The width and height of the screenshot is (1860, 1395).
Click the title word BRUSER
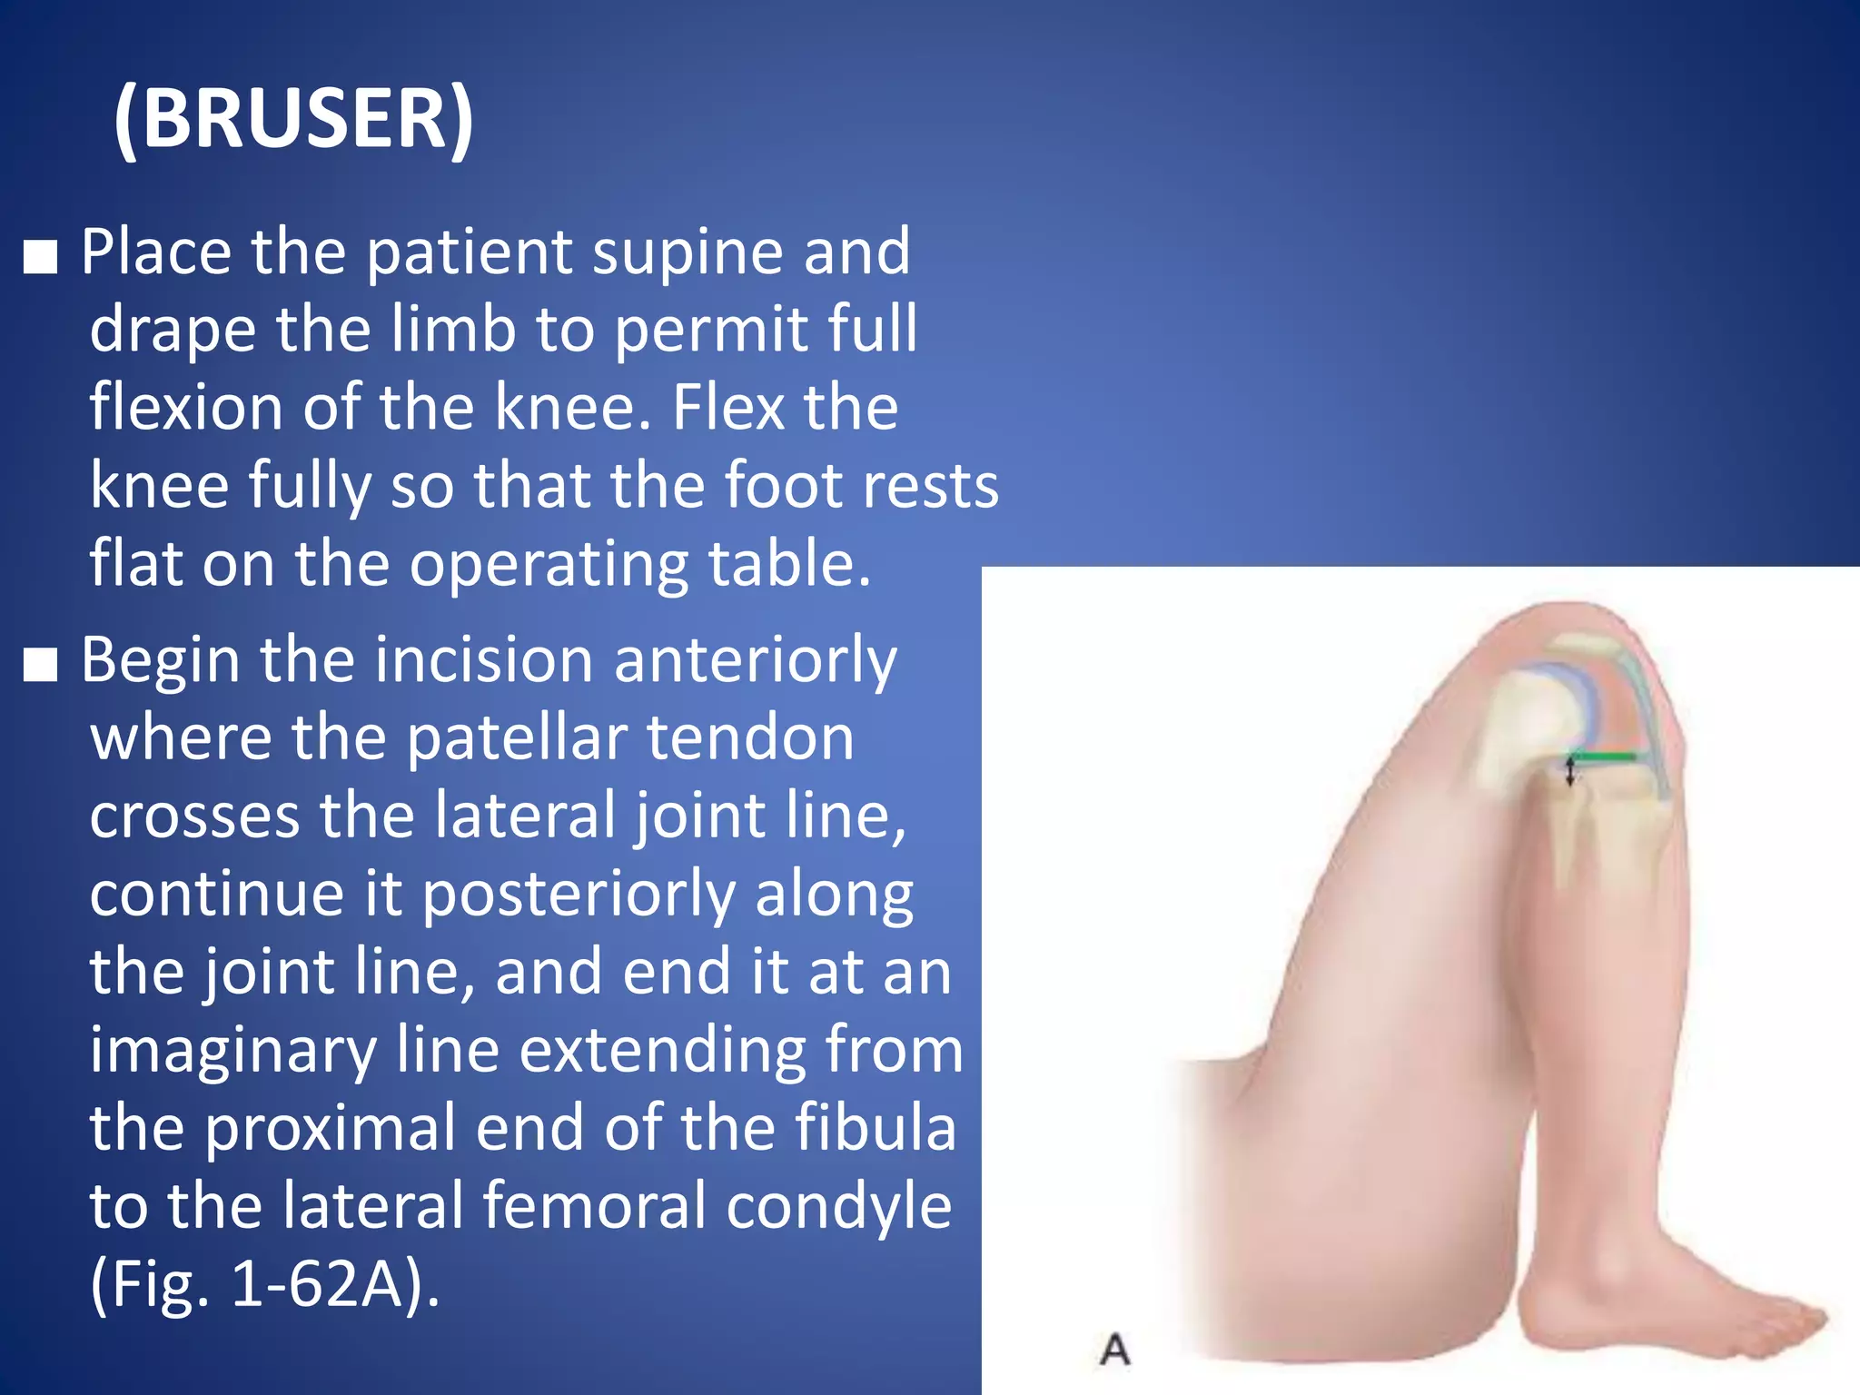click(293, 119)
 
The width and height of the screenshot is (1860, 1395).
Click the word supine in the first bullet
click(687, 252)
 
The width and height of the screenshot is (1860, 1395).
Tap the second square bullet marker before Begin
click(41, 666)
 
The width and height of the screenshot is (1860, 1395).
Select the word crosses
click(194, 816)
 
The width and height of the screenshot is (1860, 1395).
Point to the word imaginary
click(233, 1051)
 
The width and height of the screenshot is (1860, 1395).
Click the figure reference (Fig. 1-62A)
click(264, 1284)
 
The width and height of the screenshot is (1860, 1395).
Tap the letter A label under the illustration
click(1115, 1349)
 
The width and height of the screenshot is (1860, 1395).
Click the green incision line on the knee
click(1605, 757)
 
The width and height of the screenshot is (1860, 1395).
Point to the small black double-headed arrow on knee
click(1570, 773)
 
